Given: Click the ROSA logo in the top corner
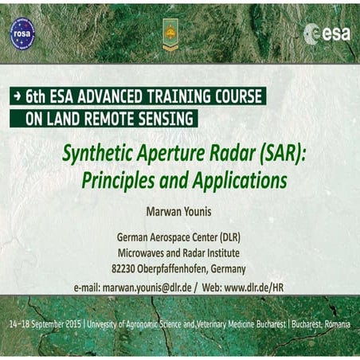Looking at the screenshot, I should click(x=22, y=33).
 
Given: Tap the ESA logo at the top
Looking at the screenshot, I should click(x=327, y=33).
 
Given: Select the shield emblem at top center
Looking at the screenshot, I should click(x=170, y=33).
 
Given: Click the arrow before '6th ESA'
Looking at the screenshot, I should click(x=16, y=96).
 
